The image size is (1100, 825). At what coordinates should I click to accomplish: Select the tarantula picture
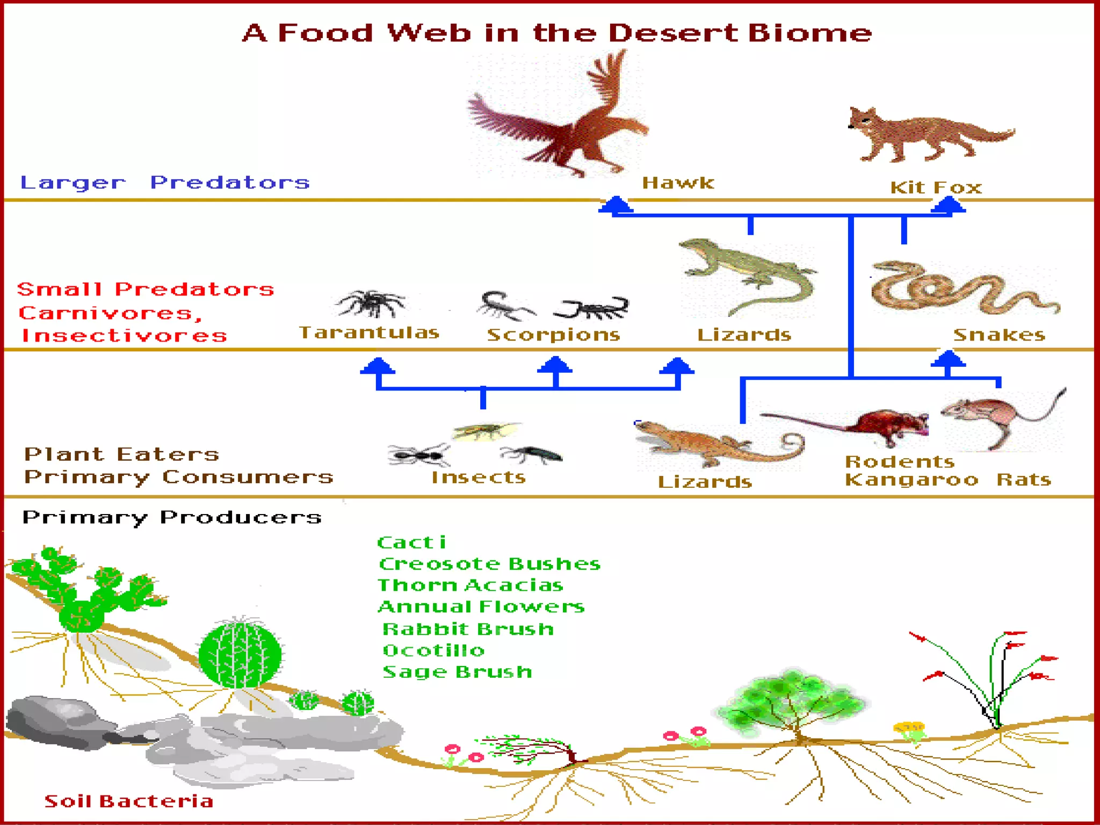point(371,303)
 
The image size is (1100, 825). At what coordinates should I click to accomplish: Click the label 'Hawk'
point(678,183)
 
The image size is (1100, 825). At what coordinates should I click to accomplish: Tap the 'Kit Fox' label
point(936,187)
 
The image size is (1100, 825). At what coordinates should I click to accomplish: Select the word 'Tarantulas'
point(369,333)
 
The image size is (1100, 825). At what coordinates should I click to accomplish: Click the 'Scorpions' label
point(553,335)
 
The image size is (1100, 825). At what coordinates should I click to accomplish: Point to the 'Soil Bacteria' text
point(129,801)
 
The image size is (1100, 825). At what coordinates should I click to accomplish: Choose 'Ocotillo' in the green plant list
point(433,651)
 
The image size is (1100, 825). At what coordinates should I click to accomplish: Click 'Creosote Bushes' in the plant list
point(489,564)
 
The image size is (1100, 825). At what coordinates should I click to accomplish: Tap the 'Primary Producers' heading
point(172,517)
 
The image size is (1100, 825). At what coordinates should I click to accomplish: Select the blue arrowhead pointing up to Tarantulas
point(378,366)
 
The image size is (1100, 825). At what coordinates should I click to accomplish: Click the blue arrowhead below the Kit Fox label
point(949,205)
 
